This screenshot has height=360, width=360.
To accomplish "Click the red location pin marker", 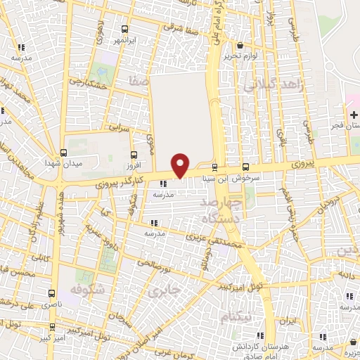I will tap(181, 165).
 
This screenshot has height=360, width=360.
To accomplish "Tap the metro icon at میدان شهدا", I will tap(64, 153).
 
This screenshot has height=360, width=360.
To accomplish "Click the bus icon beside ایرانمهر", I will tap(125, 30).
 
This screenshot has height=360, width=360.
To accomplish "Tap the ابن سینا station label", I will tap(215, 179).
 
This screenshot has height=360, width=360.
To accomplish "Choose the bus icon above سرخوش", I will tap(245, 167).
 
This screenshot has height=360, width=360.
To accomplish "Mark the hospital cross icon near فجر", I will tap(354, 114).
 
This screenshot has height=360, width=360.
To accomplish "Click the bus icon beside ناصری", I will tap(51, 293).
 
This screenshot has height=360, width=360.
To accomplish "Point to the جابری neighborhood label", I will tap(166, 289).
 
